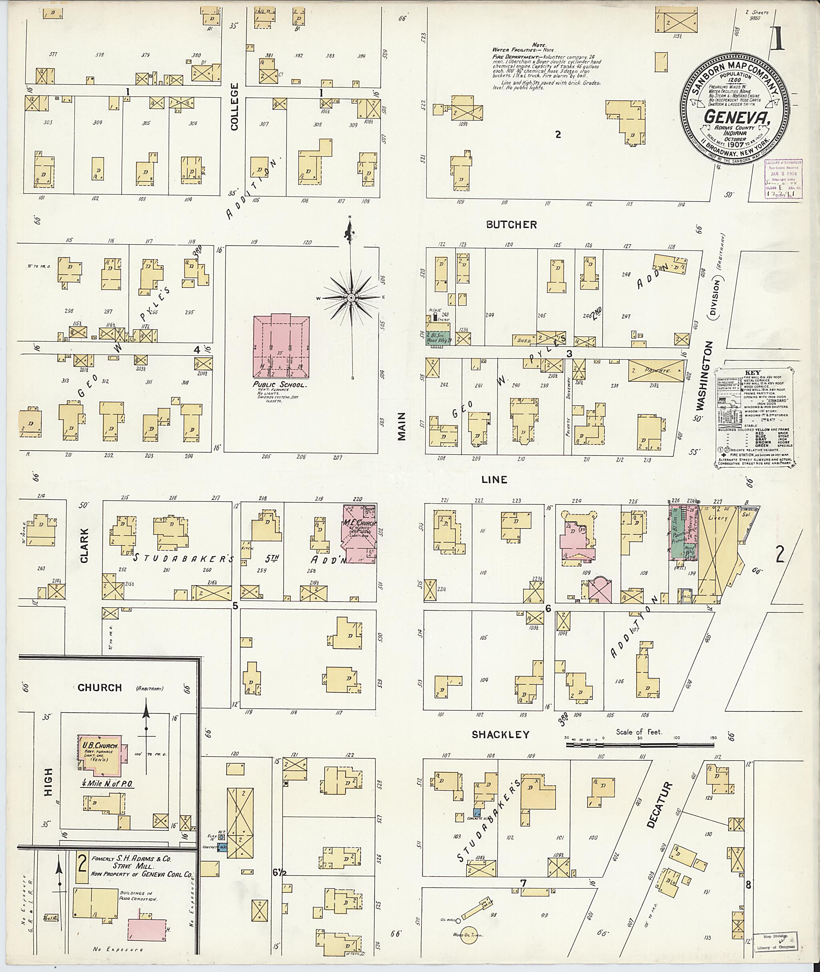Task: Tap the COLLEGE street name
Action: [x=234, y=106]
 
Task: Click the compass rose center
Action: [x=352, y=297]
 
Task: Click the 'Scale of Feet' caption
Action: [x=639, y=732]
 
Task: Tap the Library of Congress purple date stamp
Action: [x=783, y=179]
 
